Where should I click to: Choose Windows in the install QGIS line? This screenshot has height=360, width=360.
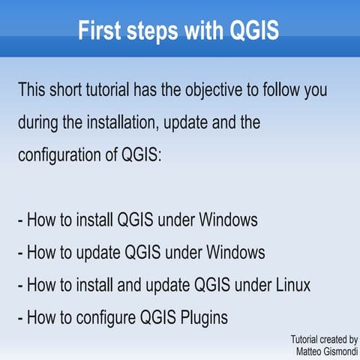coord(223,220)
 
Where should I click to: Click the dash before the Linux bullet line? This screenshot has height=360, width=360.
coord(20,286)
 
